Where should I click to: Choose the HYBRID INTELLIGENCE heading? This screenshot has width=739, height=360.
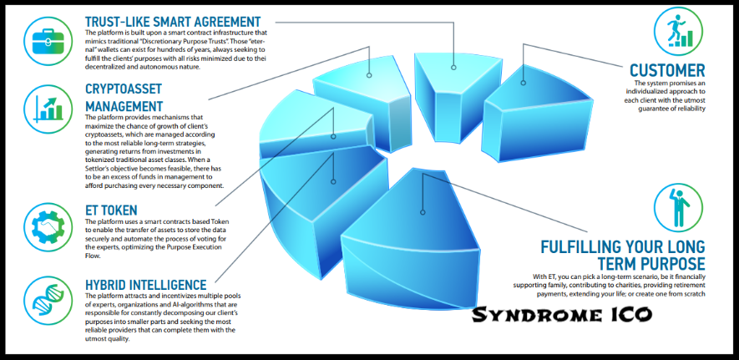tap(145, 286)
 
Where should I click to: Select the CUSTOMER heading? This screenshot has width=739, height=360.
tap(667, 70)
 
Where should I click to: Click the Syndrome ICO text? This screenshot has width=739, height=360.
tap(560, 315)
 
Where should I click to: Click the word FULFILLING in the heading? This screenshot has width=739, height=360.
tap(588, 246)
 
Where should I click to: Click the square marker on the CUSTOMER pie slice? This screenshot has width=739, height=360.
tap(524, 82)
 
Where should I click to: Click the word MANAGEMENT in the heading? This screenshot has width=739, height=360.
tap(124, 106)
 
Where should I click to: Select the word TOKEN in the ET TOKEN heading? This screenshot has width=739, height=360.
tap(126, 209)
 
